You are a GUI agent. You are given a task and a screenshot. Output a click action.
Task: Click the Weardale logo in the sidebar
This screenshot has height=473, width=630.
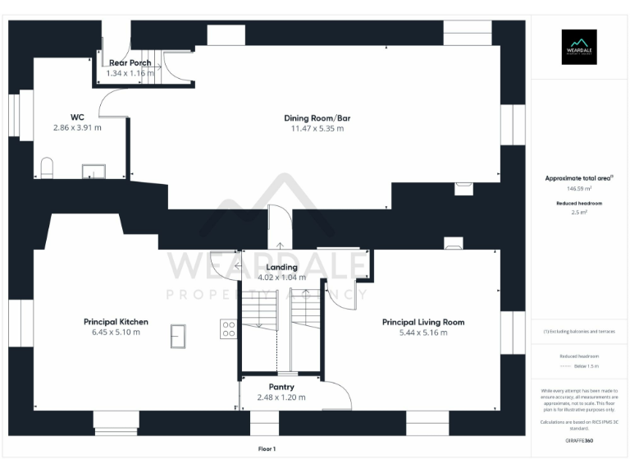[578, 47]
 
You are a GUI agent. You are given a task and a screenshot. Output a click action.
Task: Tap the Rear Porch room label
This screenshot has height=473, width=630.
[130, 62]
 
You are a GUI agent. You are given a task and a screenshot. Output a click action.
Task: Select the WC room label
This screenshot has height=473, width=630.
[77, 117]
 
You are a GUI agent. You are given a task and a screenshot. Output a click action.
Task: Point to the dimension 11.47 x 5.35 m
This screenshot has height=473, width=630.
[317, 128]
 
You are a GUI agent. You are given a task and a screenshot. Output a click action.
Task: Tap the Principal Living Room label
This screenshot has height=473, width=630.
[422, 322]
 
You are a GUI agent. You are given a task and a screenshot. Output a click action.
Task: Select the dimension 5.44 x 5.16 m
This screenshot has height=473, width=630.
[422, 333]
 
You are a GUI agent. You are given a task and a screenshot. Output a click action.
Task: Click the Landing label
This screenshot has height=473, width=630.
[281, 267]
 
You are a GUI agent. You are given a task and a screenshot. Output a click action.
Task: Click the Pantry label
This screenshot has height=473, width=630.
[281, 387]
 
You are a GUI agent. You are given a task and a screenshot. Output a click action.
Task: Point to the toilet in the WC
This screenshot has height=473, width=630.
[47, 169]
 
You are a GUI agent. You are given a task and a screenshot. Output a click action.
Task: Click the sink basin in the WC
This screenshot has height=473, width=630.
[93, 171]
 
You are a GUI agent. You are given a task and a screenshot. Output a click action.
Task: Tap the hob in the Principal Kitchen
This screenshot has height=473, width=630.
[229, 330]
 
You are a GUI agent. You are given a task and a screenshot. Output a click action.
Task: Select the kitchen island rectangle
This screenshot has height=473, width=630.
[177, 335]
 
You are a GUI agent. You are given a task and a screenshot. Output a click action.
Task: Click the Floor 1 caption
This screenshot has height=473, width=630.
[267, 449]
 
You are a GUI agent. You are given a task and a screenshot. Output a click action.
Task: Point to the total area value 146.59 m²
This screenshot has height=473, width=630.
[578, 188]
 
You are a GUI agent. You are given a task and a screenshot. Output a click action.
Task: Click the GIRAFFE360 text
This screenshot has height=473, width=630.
[578, 441]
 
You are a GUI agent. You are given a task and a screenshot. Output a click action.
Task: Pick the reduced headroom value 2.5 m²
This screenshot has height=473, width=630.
[578, 212]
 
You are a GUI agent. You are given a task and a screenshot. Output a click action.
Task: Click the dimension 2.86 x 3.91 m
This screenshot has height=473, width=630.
[77, 127]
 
